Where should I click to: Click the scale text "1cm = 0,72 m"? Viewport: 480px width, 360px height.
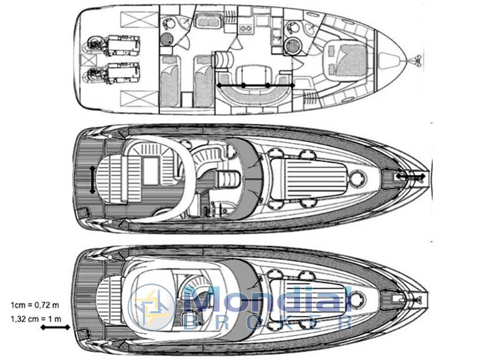pos(35,305)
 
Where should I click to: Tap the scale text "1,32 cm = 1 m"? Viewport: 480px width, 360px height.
pos(36,319)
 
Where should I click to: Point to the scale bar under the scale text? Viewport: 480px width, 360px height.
pos(55,327)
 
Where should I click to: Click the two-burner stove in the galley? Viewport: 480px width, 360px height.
pos(246,28)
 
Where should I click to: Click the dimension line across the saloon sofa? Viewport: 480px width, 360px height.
pos(255,85)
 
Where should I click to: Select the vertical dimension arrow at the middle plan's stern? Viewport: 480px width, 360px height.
pos(92,180)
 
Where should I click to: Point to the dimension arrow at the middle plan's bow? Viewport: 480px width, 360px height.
pos(411,176)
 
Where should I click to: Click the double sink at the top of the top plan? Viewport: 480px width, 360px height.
pos(207,22)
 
